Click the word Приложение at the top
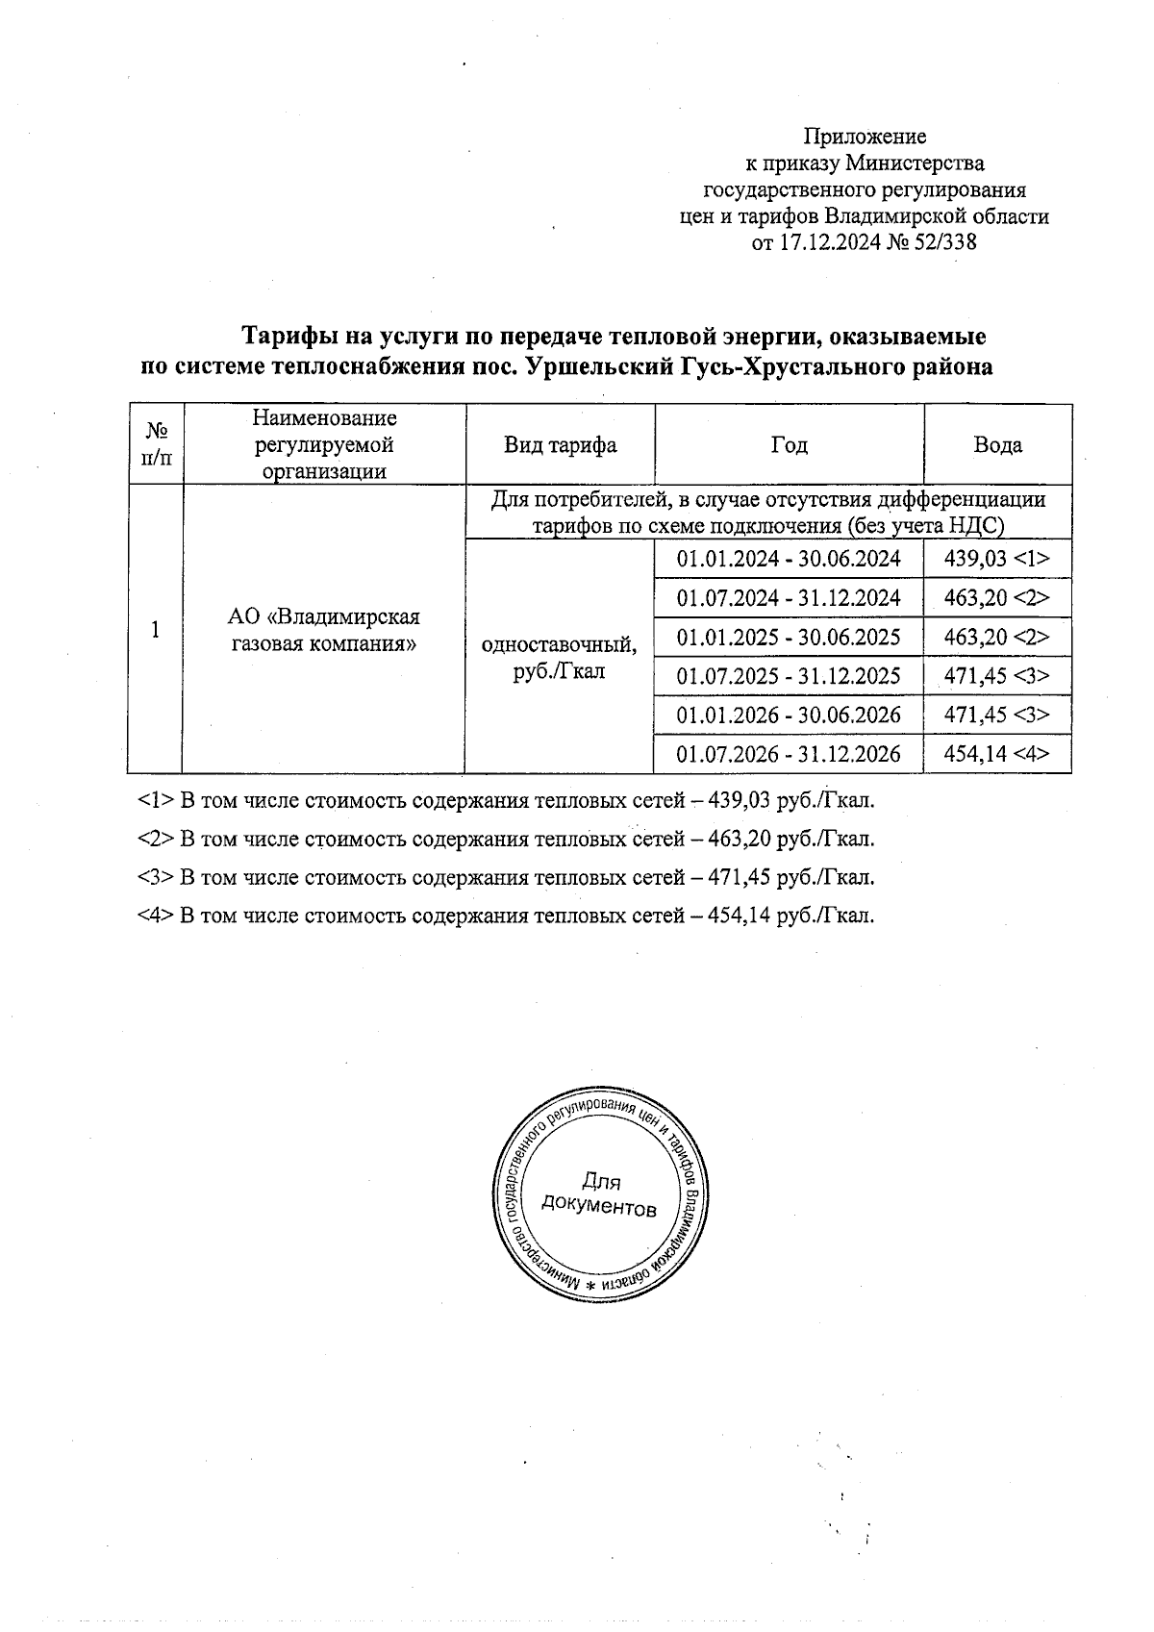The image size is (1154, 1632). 865,137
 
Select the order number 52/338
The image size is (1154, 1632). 947,243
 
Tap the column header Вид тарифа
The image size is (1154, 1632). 561,445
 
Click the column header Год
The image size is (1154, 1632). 789,445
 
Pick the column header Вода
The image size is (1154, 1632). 997,445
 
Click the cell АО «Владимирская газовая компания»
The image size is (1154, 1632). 324,630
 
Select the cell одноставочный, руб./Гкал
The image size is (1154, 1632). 559,657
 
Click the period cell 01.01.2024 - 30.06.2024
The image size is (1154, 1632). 789,559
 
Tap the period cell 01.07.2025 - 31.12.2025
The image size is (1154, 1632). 789,676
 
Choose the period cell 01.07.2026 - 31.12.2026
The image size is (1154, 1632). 789,754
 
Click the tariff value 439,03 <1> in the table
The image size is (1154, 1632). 997,559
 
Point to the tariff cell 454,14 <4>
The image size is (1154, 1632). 997,754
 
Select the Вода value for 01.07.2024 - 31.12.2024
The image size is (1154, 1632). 997,598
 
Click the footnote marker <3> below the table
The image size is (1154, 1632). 155,877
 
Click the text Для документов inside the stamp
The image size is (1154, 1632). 599,1193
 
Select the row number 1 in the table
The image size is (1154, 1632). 155,630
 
